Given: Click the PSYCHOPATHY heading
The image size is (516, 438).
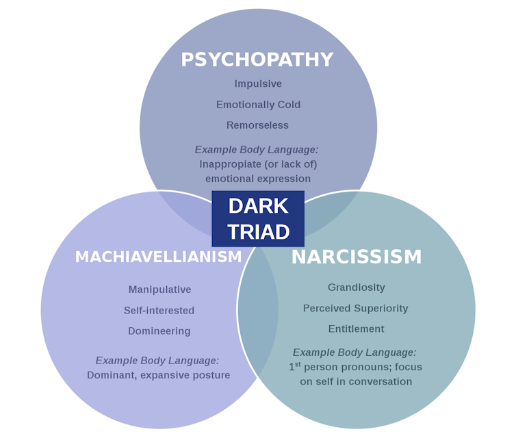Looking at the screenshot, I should pyautogui.click(x=257, y=60).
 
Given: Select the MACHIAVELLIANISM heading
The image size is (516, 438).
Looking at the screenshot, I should pyautogui.click(x=158, y=257).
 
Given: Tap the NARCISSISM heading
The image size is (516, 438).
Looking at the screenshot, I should pyautogui.click(x=357, y=257).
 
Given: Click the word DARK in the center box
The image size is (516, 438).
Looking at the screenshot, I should pyautogui.click(x=258, y=206).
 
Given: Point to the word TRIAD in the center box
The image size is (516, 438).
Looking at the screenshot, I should pyautogui.click(x=258, y=233).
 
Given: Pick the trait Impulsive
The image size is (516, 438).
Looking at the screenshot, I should pyautogui.click(x=258, y=84).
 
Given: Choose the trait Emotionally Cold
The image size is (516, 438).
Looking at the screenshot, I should pyautogui.click(x=258, y=105).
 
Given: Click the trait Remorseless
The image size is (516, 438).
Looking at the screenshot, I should pyautogui.click(x=257, y=125).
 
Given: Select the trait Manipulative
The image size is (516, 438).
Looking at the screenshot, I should pyautogui.click(x=159, y=289).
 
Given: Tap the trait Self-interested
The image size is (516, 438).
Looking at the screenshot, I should pyautogui.click(x=159, y=311).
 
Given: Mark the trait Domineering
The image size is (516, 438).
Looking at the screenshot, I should pyautogui.click(x=159, y=331).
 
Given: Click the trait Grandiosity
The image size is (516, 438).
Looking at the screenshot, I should pyautogui.click(x=356, y=287).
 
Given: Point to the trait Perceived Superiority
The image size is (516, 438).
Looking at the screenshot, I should pyautogui.click(x=355, y=309).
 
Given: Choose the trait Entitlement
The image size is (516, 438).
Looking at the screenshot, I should pyautogui.click(x=356, y=329).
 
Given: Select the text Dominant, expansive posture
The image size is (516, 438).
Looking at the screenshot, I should pyautogui.click(x=158, y=375).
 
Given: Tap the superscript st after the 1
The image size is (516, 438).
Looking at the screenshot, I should pyautogui.click(x=298, y=364).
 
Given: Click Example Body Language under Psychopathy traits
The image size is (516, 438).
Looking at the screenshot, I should pyautogui.click(x=257, y=150).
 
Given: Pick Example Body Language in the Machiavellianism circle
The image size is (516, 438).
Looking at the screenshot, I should pyautogui.click(x=157, y=361).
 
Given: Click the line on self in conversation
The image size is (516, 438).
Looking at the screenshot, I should pyautogui.click(x=356, y=382).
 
